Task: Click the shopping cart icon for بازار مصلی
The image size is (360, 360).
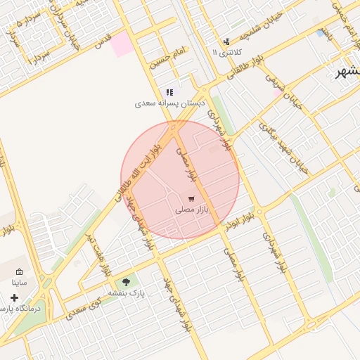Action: click(192, 198)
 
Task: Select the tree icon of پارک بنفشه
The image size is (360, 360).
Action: click(127, 282)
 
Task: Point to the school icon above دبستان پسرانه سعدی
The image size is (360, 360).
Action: click(169, 92)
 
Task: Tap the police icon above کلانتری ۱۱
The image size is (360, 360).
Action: click(226, 41)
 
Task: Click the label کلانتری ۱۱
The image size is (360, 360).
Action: click(226, 52)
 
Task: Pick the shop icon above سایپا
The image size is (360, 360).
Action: click(19, 272)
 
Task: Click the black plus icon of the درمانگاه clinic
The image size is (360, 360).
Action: click(14, 297)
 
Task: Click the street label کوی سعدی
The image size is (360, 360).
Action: click(84, 308)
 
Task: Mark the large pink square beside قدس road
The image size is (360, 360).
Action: click(121, 44)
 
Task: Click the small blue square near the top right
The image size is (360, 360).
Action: click(321, 32)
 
